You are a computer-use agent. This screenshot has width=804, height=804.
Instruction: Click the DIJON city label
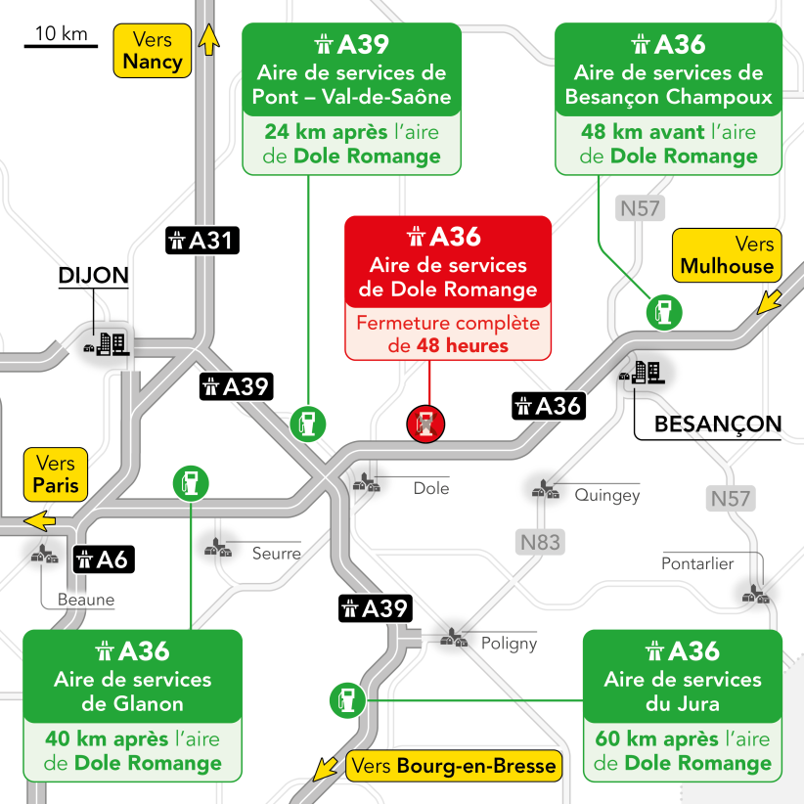(94, 275)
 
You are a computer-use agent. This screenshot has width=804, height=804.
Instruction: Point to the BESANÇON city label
(718, 424)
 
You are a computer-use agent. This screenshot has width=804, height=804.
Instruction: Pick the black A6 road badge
(103, 559)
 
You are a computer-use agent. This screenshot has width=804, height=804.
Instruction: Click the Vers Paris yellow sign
(55, 473)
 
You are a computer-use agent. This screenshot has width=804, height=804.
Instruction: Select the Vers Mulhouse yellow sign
(727, 255)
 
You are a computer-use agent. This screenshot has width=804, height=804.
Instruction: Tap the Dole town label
(431, 488)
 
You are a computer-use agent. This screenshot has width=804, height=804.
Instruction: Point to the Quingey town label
(607, 495)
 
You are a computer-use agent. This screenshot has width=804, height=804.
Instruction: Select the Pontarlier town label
(697, 564)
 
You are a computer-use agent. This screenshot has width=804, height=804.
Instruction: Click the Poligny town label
(509, 644)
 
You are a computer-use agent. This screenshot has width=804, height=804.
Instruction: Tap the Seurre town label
(277, 554)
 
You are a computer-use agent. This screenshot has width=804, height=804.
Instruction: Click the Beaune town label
(86, 600)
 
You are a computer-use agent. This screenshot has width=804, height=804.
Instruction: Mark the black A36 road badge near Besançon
(548, 405)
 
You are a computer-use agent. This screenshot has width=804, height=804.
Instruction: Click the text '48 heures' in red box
(462, 345)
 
